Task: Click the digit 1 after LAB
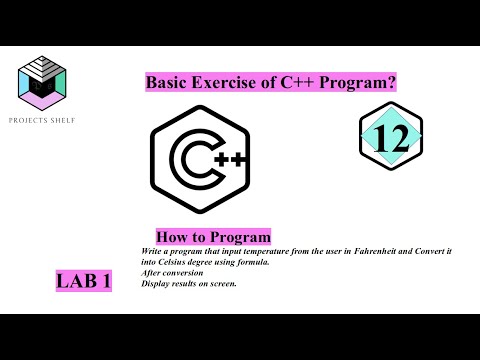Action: coord(105,283)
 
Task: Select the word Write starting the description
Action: coord(142,250)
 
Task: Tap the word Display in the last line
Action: coord(145,281)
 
